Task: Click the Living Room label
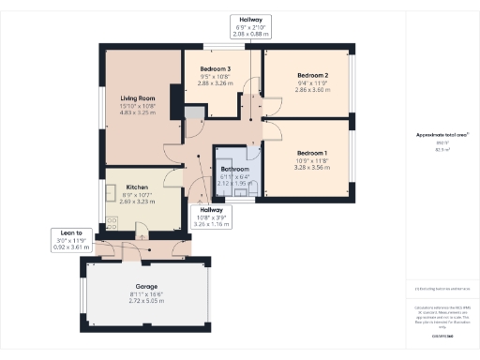pos(137,97)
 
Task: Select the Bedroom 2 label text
pos(312,75)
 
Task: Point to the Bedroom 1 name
pos(312,152)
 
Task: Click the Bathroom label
pos(234,170)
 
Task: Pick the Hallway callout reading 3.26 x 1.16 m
pos(210,218)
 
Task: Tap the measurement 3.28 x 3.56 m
pos(312,166)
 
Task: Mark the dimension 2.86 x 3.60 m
pos(312,89)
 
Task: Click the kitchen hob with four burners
pos(112,221)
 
